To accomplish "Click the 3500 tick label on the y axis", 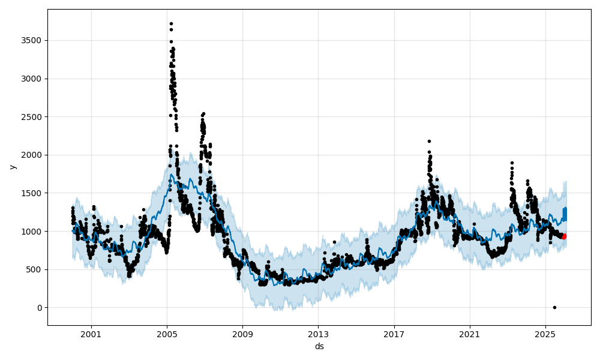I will (x=32, y=40).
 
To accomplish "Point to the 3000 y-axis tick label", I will (x=32, y=79).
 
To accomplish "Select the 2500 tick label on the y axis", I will (x=32, y=117).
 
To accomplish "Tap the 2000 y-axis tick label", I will (x=32, y=155).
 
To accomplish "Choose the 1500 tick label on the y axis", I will (x=32, y=193).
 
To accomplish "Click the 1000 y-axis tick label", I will (x=32, y=231).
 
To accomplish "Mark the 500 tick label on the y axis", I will (x=34, y=269).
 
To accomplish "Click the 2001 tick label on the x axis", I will (x=91, y=334).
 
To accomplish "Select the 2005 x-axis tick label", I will (x=167, y=334).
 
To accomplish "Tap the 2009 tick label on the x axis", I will (x=242, y=334).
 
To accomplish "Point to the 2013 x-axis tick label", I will (x=318, y=334).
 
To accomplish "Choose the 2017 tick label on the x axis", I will (x=394, y=334).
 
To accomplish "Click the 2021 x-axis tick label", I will (x=470, y=334).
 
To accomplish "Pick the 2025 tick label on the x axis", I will (x=545, y=334).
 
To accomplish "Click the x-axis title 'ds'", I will (x=319, y=346).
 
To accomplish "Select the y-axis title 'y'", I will (x=11, y=167).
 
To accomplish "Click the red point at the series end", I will (x=564, y=236).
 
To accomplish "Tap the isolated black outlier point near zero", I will (x=554, y=307).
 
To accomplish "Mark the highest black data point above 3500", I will (x=171, y=23).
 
